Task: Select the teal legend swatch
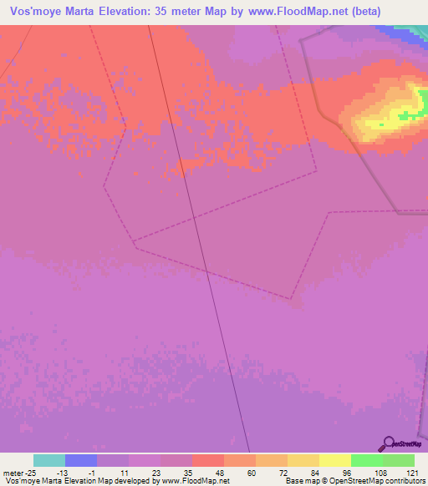pos(49,460)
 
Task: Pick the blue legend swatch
pos(81,460)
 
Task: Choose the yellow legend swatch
pos(335,460)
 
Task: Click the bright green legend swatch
pos(367,460)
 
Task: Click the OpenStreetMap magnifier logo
pos(388,443)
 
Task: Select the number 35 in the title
pos(170,11)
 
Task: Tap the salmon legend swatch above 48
pos(208,460)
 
